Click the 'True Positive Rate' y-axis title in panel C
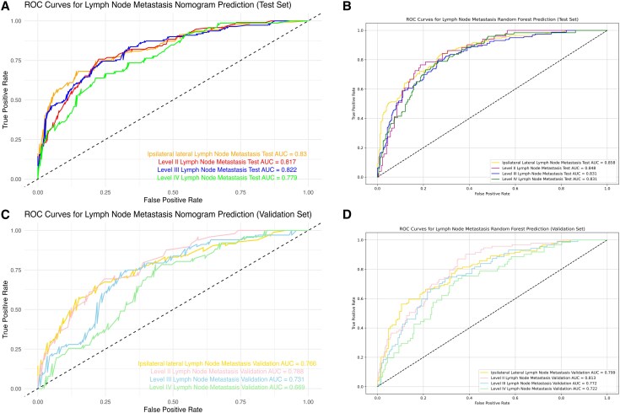[x=6, y=309]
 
